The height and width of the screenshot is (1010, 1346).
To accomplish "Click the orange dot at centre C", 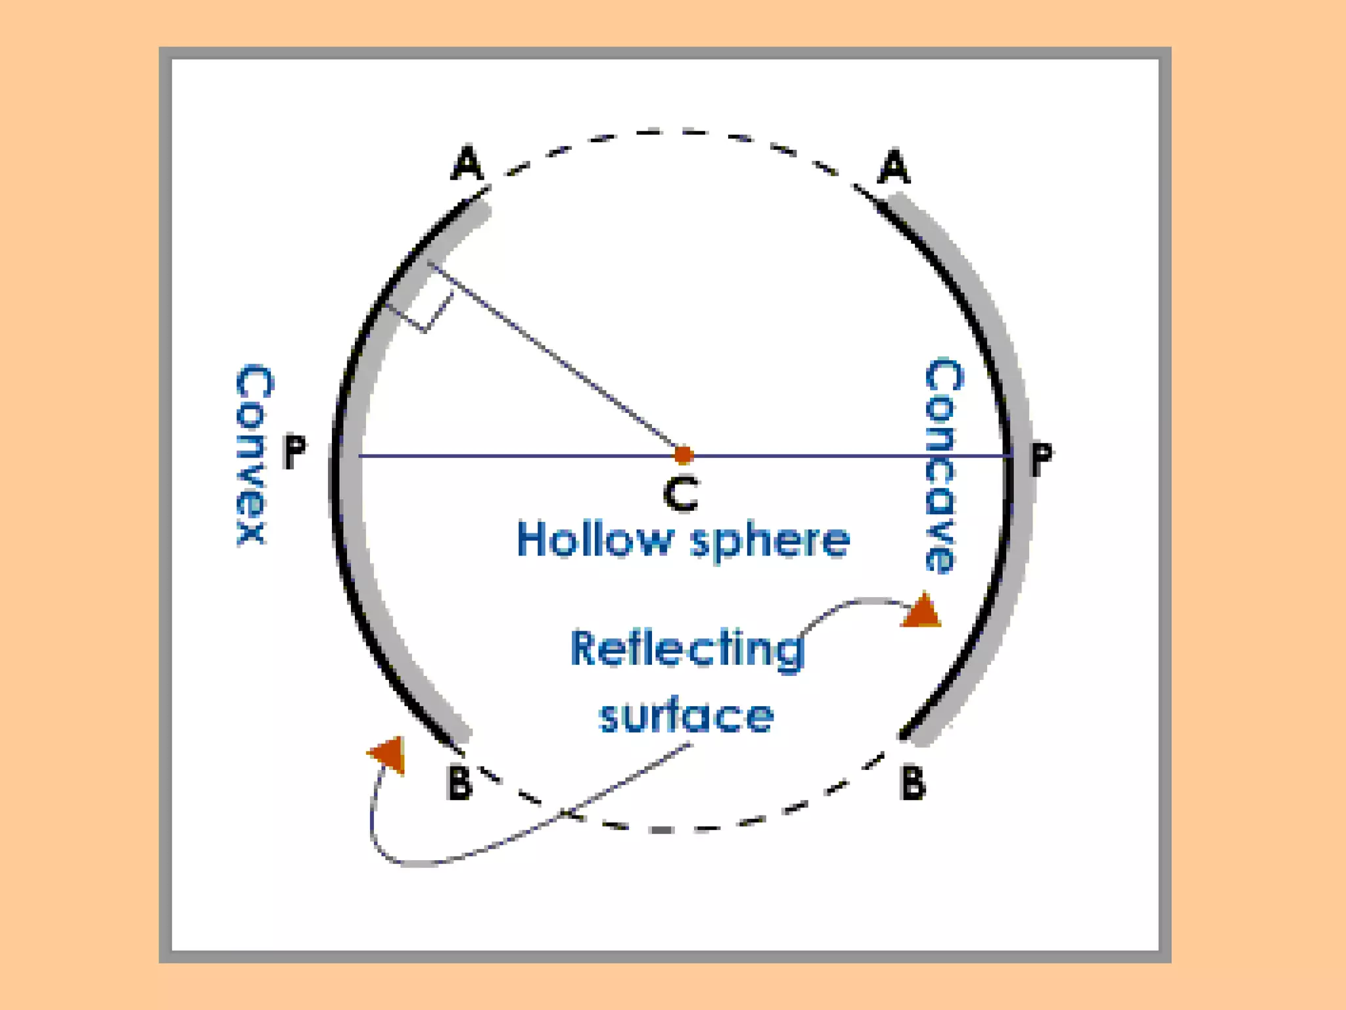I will [x=684, y=454].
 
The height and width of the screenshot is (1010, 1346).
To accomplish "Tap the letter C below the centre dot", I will [x=681, y=494].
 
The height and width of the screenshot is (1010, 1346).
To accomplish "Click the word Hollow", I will [x=595, y=540].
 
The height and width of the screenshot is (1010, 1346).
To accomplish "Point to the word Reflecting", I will [x=687, y=650].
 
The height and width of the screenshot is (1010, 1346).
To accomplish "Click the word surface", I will [x=686, y=716].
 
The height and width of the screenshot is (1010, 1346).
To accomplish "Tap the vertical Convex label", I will [x=252, y=454].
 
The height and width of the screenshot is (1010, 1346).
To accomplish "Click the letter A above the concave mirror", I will [x=894, y=167].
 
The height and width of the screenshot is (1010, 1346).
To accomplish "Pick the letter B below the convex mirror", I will [x=459, y=782].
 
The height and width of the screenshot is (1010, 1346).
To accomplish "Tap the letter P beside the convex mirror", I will [x=294, y=452].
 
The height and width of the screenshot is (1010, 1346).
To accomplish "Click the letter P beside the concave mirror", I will [x=1041, y=458].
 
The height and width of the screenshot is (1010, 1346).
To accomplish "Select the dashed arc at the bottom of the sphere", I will [x=684, y=829].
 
